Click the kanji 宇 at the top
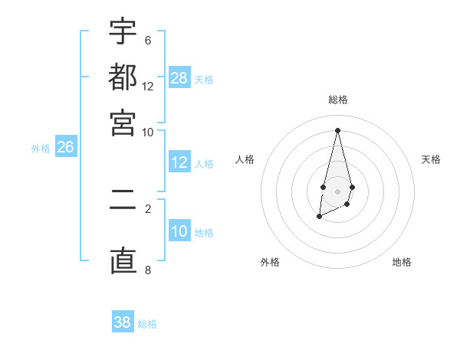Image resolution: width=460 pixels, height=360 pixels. pyautogui.click(x=123, y=33)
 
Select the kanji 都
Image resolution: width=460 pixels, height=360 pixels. pyautogui.click(x=123, y=77)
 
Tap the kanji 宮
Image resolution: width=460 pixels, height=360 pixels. pyautogui.click(x=123, y=123)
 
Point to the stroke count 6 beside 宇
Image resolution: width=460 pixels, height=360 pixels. pyautogui.click(x=148, y=40)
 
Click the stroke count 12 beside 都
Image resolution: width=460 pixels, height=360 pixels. pyautogui.click(x=148, y=86)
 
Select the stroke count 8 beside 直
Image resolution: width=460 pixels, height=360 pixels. pyautogui.click(x=148, y=269)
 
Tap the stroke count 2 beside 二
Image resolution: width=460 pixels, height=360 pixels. pyautogui.click(x=148, y=208)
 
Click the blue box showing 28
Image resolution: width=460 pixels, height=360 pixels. pyautogui.click(x=179, y=78)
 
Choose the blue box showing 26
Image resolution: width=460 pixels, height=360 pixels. pyautogui.click(x=65, y=148)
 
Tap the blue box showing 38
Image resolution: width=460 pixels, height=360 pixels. pyautogui.click(x=123, y=322)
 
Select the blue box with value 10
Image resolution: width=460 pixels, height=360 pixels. pyautogui.click(x=179, y=231)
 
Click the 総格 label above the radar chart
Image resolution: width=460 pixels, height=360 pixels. pyautogui.click(x=337, y=100)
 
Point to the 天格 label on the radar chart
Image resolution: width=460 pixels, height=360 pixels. pyautogui.click(x=432, y=159)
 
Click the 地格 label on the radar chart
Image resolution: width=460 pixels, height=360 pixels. pyautogui.click(x=402, y=262)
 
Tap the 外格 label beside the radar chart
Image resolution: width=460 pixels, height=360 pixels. pyautogui.click(x=270, y=262)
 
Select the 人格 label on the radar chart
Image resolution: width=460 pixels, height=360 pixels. pyautogui.click(x=245, y=159)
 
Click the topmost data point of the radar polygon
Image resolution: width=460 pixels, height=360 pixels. pyautogui.click(x=337, y=130)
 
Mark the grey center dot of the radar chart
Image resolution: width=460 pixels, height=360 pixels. pyautogui.click(x=337, y=191)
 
